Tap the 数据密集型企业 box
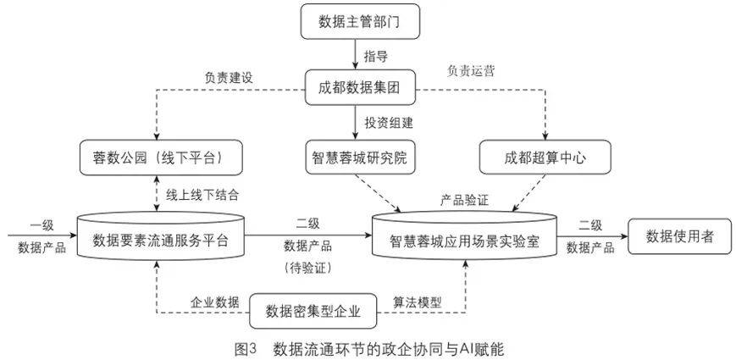coord(313,311)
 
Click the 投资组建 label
coord(389,122)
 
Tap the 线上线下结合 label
coord(202,194)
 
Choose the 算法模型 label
coord(417,302)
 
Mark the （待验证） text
coord(307,267)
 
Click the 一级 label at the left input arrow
coord(42,224)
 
